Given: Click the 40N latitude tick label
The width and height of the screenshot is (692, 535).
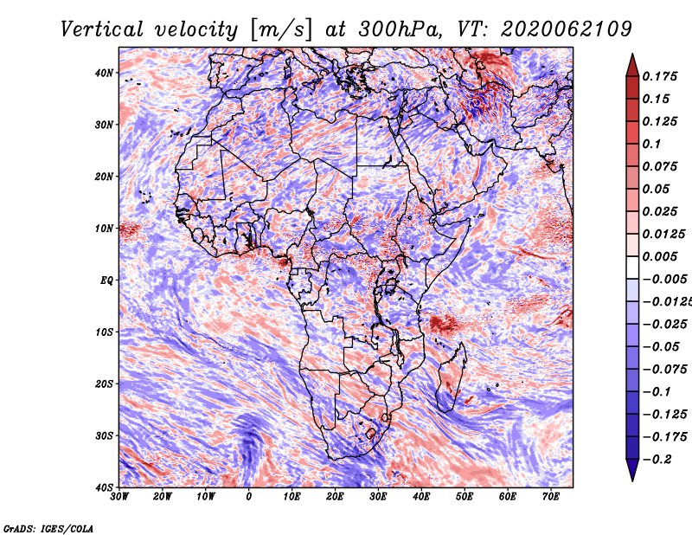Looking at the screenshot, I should (x=104, y=73).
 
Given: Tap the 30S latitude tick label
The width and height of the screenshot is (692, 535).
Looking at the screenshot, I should (x=104, y=435).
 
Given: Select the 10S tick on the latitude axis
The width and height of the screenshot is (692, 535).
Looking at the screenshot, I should (x=104, y=332).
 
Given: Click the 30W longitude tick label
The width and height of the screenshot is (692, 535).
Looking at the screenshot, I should (x=119, y=496).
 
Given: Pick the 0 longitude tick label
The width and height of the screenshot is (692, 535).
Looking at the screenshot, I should (x=249, y=496).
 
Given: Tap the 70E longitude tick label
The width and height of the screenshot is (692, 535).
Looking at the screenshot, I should (x=550, y=496).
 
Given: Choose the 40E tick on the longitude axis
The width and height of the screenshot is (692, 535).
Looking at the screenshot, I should (x=421, y=496).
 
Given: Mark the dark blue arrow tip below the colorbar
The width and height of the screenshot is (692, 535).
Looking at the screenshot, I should (x=631, y=472).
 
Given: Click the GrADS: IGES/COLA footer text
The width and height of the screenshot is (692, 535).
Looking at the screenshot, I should (x=48, y=527).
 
